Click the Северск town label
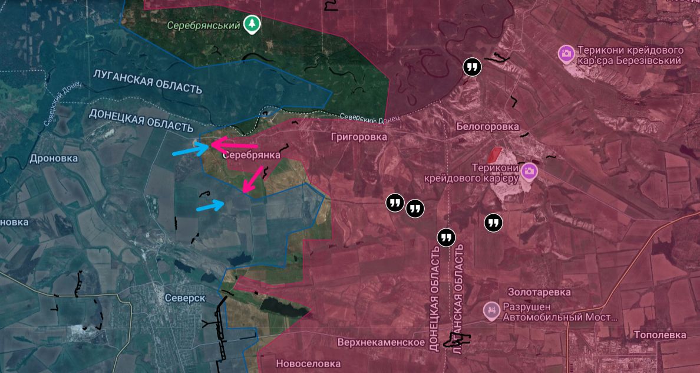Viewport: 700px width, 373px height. click(x=185, y=298)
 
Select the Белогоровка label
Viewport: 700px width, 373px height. click(x=487, y=127)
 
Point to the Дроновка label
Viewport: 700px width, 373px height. click(x=53, y=158)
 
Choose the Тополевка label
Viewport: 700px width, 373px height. click(x=660, y=335)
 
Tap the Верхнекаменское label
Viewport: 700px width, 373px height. click(x=381, y=342)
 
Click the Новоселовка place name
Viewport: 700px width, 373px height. click(x=308, y=364)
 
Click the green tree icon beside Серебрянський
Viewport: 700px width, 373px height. click(x=252, y=24)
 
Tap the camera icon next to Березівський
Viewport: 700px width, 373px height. click(x=566, y=54)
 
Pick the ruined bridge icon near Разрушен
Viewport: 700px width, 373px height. click(x=490, y=310)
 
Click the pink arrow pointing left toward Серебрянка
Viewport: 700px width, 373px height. click(x=234, y=145)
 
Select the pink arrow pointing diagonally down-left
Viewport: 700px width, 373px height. click(x=253, y=179)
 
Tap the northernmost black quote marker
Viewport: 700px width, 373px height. click(x=472, y=67)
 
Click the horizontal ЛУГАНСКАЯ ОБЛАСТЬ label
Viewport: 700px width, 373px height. click(x=147, y=81)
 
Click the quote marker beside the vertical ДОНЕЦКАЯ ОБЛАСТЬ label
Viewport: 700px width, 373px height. click(x=447, y=237)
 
